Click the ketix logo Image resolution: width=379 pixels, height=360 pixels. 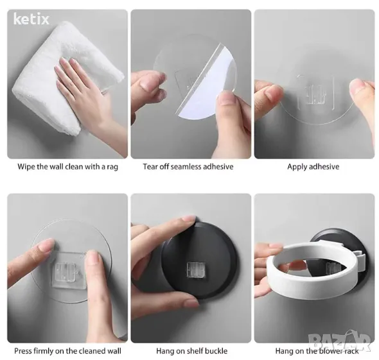(x=31, y=19)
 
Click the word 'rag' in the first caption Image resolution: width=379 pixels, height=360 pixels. (x=112, y=167)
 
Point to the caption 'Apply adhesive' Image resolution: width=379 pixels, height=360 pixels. (x=313, y=167)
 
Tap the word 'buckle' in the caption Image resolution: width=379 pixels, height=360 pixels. (x=215, y=351)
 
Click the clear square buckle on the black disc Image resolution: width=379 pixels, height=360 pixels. (x=196, y=270)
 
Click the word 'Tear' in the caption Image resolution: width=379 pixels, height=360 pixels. (x=150, y=167)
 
